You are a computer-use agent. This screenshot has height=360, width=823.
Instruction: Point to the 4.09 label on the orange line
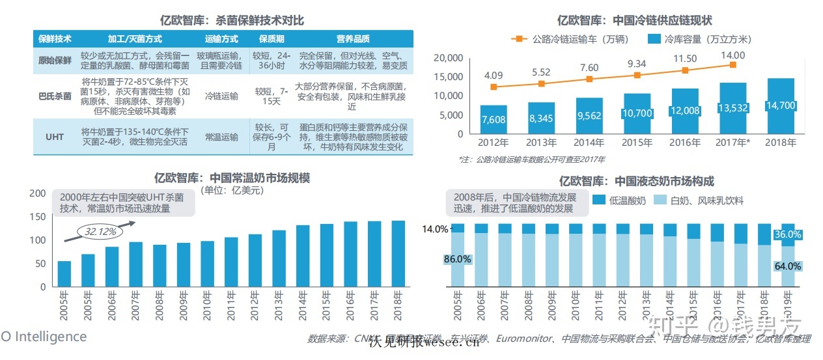(x=494, y=76)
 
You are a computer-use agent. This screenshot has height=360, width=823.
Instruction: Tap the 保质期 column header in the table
(x=272, y=38)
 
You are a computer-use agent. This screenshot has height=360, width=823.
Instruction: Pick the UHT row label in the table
(x=55, y=137)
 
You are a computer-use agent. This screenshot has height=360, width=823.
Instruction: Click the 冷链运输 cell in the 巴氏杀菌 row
(x=221, y=96)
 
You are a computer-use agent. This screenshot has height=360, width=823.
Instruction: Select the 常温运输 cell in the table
(x=221, y=137)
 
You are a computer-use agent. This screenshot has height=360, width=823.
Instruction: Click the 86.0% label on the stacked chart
(x=457, y=258)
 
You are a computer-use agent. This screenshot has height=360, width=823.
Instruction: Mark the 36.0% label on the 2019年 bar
(x=788, y=234)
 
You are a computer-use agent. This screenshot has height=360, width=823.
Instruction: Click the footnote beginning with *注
(x=531, y=159)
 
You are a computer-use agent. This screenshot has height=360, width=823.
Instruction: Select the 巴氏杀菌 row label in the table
(x=55, y=96)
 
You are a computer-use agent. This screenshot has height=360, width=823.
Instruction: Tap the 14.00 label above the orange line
(x=733, y=56)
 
